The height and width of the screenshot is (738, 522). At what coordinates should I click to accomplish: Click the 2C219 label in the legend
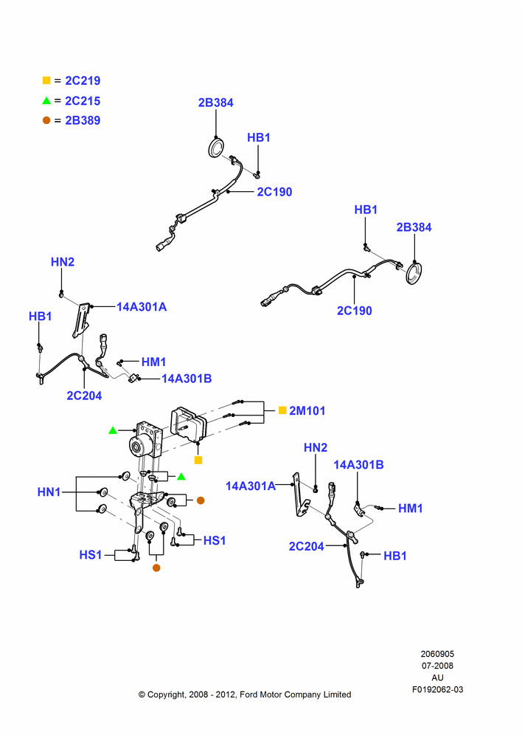click(x=83, y=80)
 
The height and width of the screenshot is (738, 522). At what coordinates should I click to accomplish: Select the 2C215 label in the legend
click(x=83, y=100)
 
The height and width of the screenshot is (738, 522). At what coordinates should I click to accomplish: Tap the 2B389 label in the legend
click(x=83, y=120)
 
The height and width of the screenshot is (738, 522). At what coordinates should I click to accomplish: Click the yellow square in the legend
click(x=46, y=80)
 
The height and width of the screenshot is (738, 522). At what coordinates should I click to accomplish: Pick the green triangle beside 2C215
click(x=46, y=100)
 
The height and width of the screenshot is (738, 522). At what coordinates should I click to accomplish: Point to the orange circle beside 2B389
click(x=46, y=120)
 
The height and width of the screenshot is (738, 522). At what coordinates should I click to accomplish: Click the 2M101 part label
click(x=307, y=410)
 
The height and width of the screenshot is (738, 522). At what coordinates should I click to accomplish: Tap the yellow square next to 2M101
click(x=282, y=410)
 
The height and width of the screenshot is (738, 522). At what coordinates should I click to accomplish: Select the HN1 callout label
click(x=49, y=492)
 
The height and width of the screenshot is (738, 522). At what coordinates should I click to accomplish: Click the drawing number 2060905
click(x=437, y=654)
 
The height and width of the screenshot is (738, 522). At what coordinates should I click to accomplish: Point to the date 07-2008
click(x=437, y=666)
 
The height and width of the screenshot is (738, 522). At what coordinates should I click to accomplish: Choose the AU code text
click(x=437, y=677)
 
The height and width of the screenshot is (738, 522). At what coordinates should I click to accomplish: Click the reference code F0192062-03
click(x=437, y=689)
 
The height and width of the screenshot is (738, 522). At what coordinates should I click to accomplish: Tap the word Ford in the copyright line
click(x=249, y=694)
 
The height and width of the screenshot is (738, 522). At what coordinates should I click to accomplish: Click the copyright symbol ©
click(x=142, y=694)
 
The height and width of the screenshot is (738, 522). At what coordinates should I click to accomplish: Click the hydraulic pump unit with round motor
click(x=146, y=440)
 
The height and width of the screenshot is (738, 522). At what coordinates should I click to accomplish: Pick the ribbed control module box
click(x=188, y=424)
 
